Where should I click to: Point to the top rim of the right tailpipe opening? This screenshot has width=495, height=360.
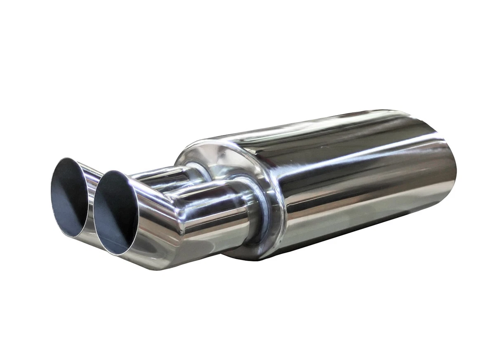pyautogui.click(x=109, y=171)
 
